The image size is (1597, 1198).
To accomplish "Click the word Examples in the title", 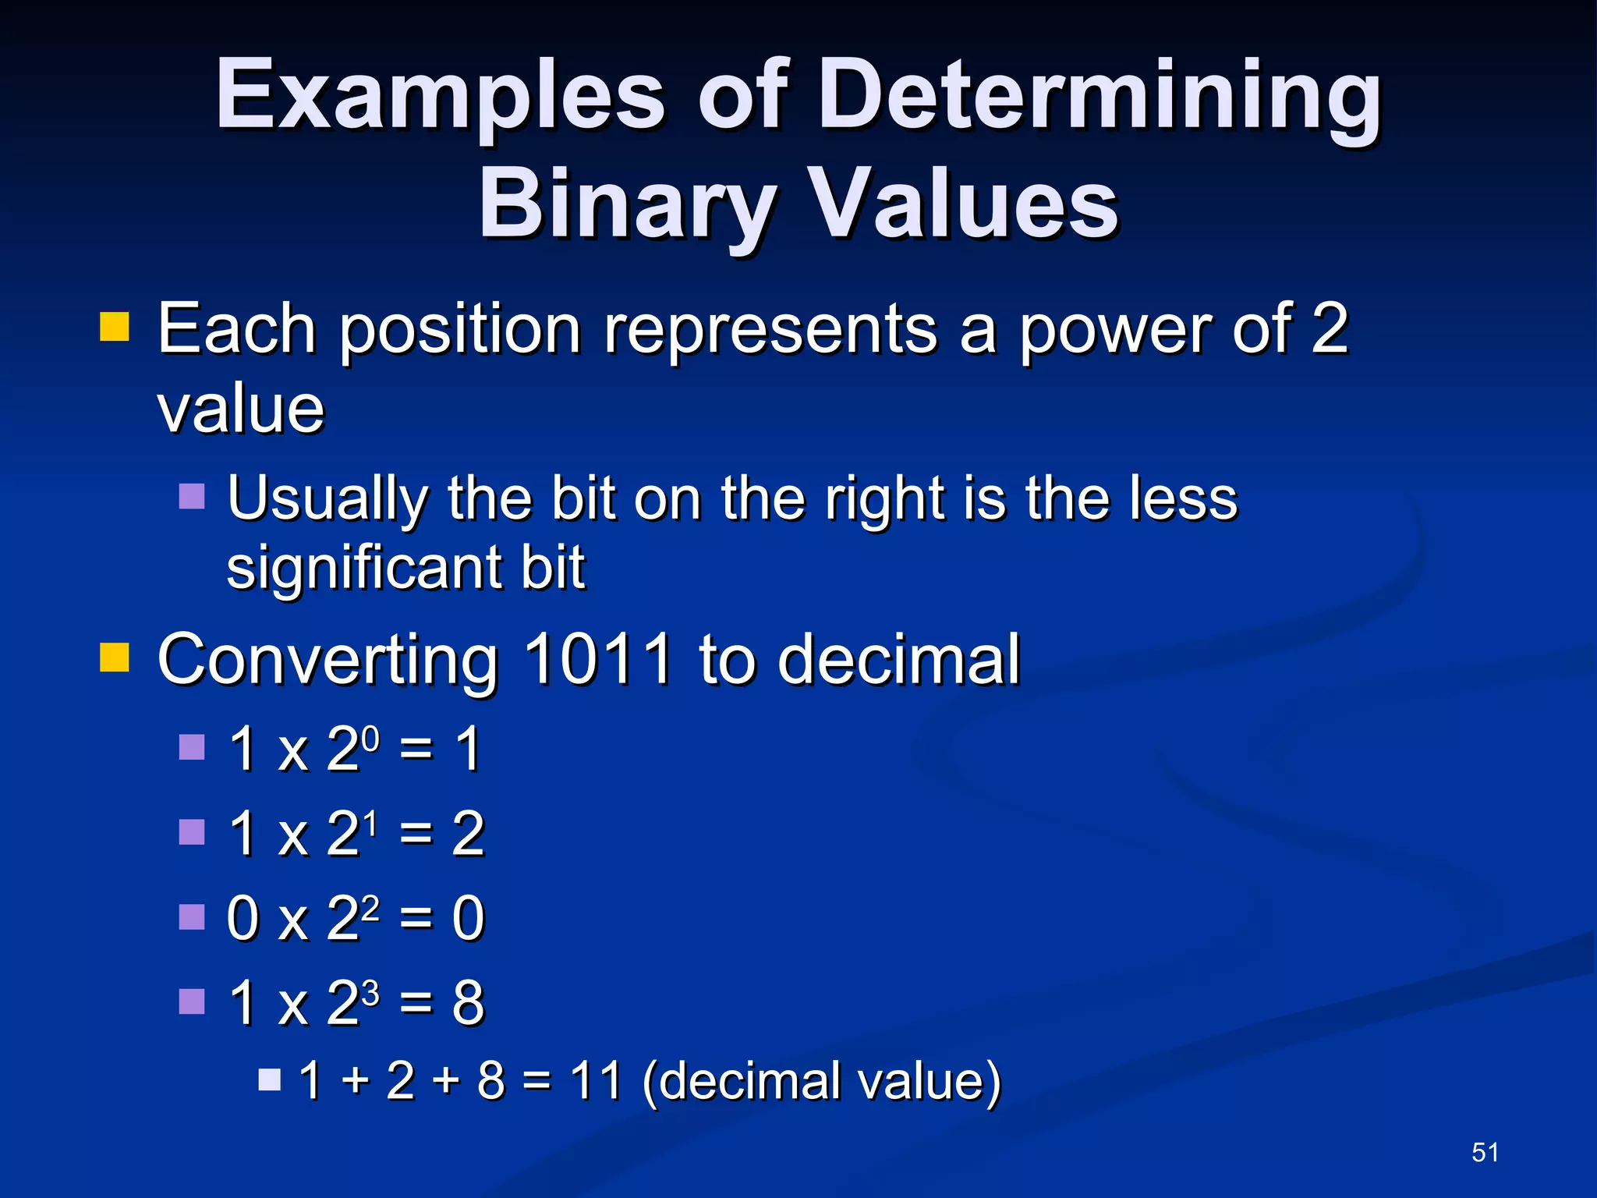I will click(x=441, y=97).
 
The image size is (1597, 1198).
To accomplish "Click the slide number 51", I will click(x=1485, y=1152).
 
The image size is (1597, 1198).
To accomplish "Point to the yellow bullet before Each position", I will click(x=115, y=328).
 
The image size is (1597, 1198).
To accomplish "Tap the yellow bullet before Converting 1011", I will click(x=115, y=657).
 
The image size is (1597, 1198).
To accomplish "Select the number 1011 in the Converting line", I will click(x=597, y=660).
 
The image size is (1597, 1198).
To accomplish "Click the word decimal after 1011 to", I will click(x=898, y=660).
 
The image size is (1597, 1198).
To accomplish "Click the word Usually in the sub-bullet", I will click(x=328, y=499).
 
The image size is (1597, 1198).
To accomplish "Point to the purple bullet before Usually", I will click(x=192, y=496).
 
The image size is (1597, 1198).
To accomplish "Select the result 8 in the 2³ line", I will click(x=468, y=1003).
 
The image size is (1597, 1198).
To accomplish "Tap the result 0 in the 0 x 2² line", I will click(x=468, y=919).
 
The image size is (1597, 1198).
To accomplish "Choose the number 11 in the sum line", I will click(x=596, y=1081).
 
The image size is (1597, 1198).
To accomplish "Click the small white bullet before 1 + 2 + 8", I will click(x=269, y=1079).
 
